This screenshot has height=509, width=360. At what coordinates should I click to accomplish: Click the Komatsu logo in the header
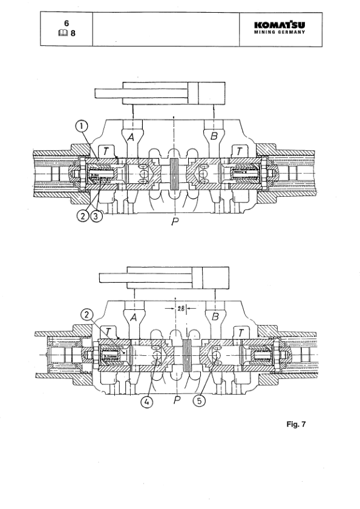point(280,25)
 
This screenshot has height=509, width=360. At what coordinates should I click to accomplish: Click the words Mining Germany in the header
point(280,33)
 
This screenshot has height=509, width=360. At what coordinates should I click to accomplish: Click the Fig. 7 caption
point(296,424)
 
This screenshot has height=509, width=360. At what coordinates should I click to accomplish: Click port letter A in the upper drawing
point(131,138)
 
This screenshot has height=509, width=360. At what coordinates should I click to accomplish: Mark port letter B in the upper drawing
point(214,138)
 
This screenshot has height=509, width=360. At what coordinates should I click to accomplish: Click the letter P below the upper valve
point(175,223)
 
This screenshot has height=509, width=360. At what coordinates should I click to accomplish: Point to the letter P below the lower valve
point(175,400)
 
